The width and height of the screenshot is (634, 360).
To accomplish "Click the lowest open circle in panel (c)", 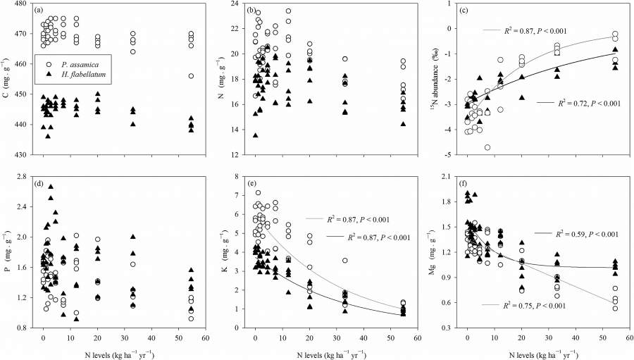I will [x=487, y=147].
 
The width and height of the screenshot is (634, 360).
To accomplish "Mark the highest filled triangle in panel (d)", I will [x=51, y=187].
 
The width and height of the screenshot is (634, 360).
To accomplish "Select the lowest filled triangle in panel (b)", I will [x=255, y=135].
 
